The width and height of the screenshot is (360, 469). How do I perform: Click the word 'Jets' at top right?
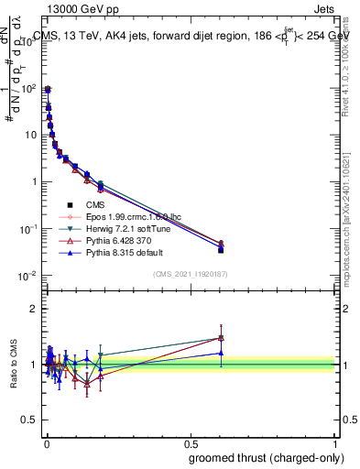click(326, 9)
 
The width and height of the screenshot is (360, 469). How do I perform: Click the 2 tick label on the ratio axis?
click(34, 309)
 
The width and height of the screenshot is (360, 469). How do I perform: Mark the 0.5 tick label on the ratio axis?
click(29, 420)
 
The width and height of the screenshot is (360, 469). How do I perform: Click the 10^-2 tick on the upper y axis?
click(29, 276)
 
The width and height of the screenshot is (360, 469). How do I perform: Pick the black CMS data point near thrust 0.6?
click(221, 249)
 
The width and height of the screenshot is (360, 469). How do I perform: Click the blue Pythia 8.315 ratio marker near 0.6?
click(221, 353)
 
